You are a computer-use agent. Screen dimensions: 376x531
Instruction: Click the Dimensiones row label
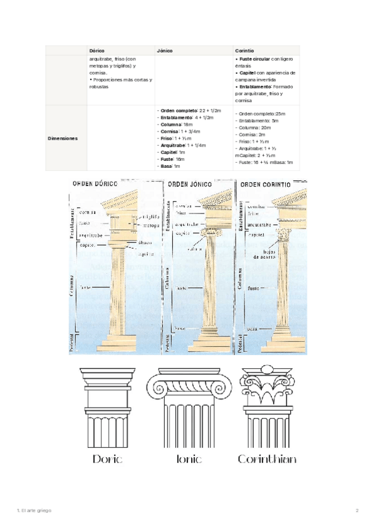coord(63,138)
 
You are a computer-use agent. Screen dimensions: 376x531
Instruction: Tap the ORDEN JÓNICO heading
coord(187,185)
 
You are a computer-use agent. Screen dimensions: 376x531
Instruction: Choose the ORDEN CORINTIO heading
coord(265,185)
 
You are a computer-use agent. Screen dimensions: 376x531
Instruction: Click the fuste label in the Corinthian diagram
coord(253,288)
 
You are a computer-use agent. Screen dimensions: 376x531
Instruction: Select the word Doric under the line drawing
coord(107,459)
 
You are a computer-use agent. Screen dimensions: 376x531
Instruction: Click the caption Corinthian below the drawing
coord(267,459)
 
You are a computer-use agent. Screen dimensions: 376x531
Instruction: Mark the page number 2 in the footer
coord(357,511)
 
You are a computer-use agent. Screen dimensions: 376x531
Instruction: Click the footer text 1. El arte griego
coord(34,511)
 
